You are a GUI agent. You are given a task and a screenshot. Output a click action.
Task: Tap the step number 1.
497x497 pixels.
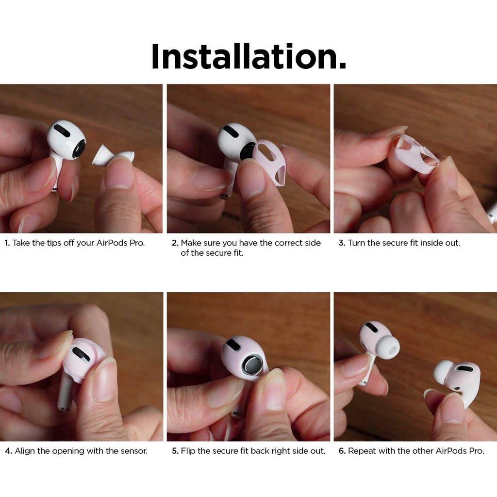coord(7,243)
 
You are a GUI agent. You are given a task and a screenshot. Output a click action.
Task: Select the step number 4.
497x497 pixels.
coord(8,451)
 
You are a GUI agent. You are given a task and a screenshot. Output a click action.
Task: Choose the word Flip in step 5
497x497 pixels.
coord(188,451)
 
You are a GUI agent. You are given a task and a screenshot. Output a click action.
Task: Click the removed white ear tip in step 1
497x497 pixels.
coord(113,156)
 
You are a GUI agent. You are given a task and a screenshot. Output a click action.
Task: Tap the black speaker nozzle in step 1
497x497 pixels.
coord(79,149)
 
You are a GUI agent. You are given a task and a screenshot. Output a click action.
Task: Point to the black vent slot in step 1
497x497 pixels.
coord(62,131)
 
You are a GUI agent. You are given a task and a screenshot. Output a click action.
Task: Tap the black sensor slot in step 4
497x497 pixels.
coord(81,354)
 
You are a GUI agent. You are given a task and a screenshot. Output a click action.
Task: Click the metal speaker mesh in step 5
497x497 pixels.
coord(252,364)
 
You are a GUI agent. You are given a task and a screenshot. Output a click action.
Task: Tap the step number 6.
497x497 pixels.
coord(342,451)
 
